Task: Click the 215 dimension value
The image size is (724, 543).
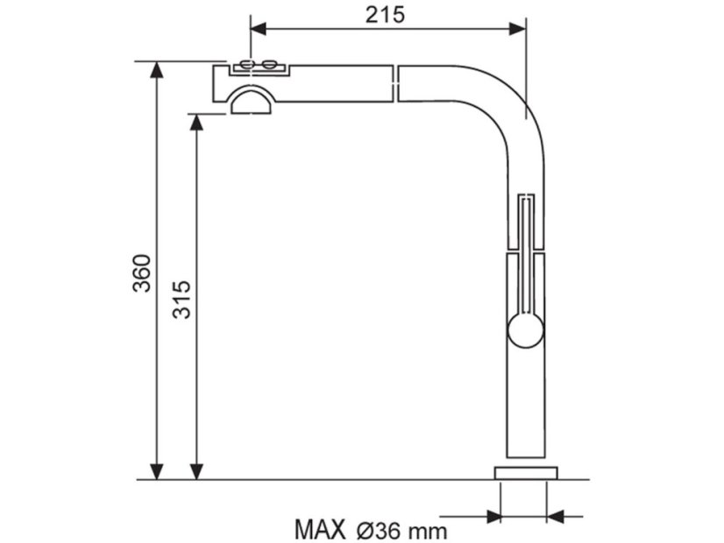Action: [385, 15]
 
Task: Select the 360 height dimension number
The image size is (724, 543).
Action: [142, 272]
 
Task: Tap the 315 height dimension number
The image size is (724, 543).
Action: [181, 300]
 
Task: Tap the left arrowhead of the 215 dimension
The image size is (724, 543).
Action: [258, 29]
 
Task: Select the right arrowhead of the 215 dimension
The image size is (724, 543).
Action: [517, 29]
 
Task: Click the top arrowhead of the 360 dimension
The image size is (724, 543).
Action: [157, 69]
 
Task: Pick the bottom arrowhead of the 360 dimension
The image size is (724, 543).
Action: [157, 471]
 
